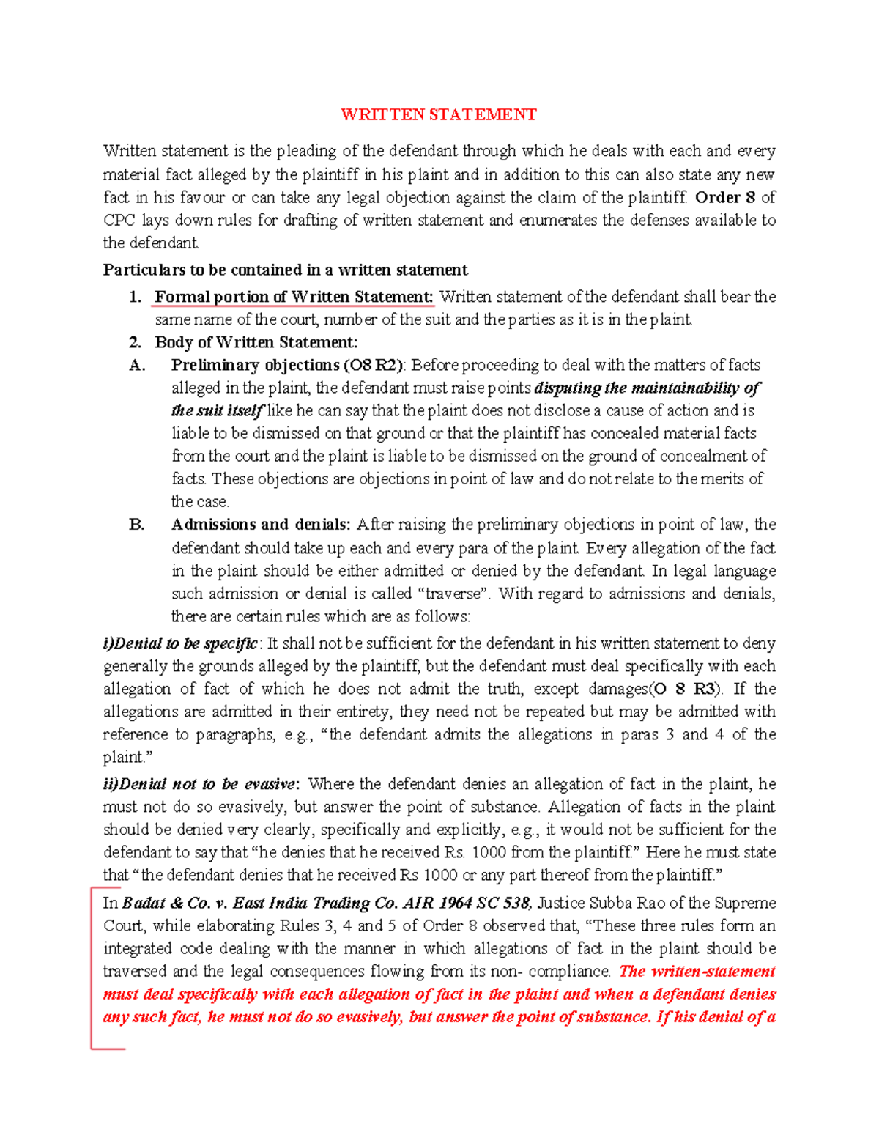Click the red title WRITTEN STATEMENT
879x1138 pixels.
pos(439,115)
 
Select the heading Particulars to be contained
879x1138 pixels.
pos(285,270)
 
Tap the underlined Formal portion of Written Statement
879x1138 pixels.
pos(294,297)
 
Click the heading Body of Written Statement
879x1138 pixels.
pos(256,342)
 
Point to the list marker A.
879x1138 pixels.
pos(137,365)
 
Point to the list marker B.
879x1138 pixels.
pos(137,525)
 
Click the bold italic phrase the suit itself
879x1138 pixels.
pos(217,410)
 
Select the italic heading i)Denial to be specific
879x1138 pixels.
pos(180,643)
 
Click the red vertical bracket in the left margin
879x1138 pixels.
pos(92,967)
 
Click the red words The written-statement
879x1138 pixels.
pos(697,972)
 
